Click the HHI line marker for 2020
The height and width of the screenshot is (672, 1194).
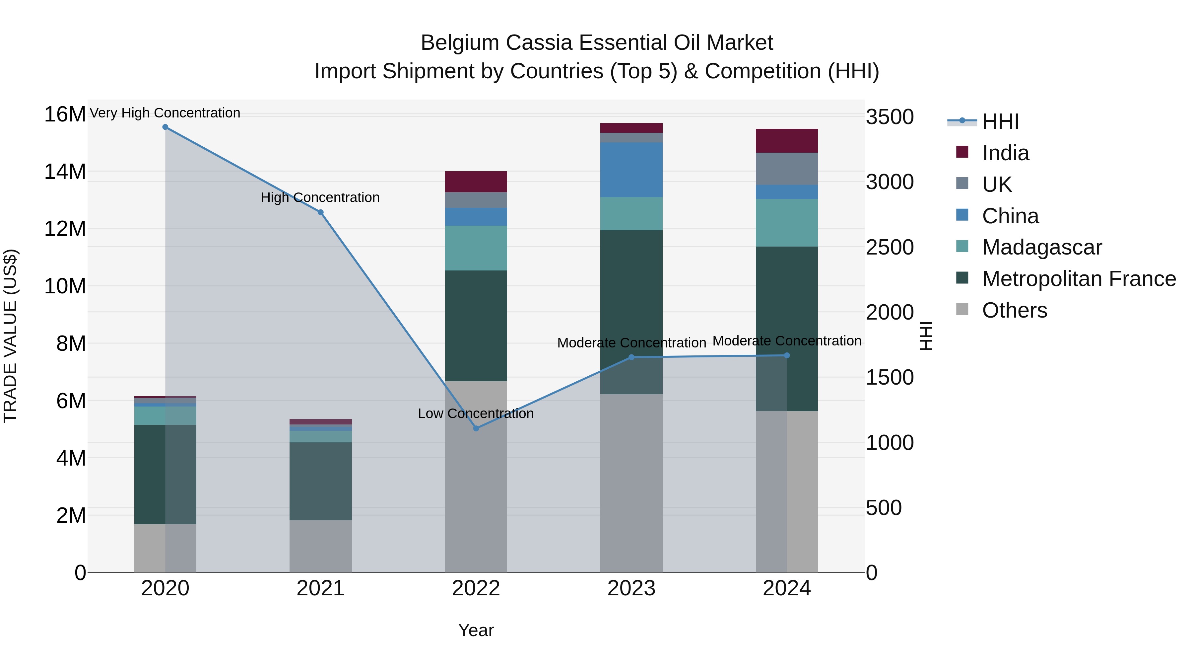coord(165,127)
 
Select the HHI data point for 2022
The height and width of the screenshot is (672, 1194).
coord(476,428)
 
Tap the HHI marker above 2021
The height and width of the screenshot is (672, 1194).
coord(320,212)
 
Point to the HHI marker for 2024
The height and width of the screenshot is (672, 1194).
coord(787,356)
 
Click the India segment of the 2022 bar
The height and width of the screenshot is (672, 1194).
coord(476,182)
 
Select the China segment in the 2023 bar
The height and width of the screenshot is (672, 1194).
coord(631,170)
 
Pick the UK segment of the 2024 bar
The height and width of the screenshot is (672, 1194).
coord(787,169)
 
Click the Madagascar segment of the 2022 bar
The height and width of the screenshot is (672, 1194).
coord(476,248)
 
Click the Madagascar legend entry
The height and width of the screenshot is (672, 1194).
coord(1041,247)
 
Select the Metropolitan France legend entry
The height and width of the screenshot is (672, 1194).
coord(1079,279)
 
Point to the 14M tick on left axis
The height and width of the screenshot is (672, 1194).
coord(65,172)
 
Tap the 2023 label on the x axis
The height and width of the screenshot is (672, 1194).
coord(631,588)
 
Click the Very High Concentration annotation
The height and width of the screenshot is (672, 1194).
coord(165,113)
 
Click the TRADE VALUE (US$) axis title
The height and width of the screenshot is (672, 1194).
coord(10,336)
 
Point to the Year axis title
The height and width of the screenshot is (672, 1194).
coord(476,630)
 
